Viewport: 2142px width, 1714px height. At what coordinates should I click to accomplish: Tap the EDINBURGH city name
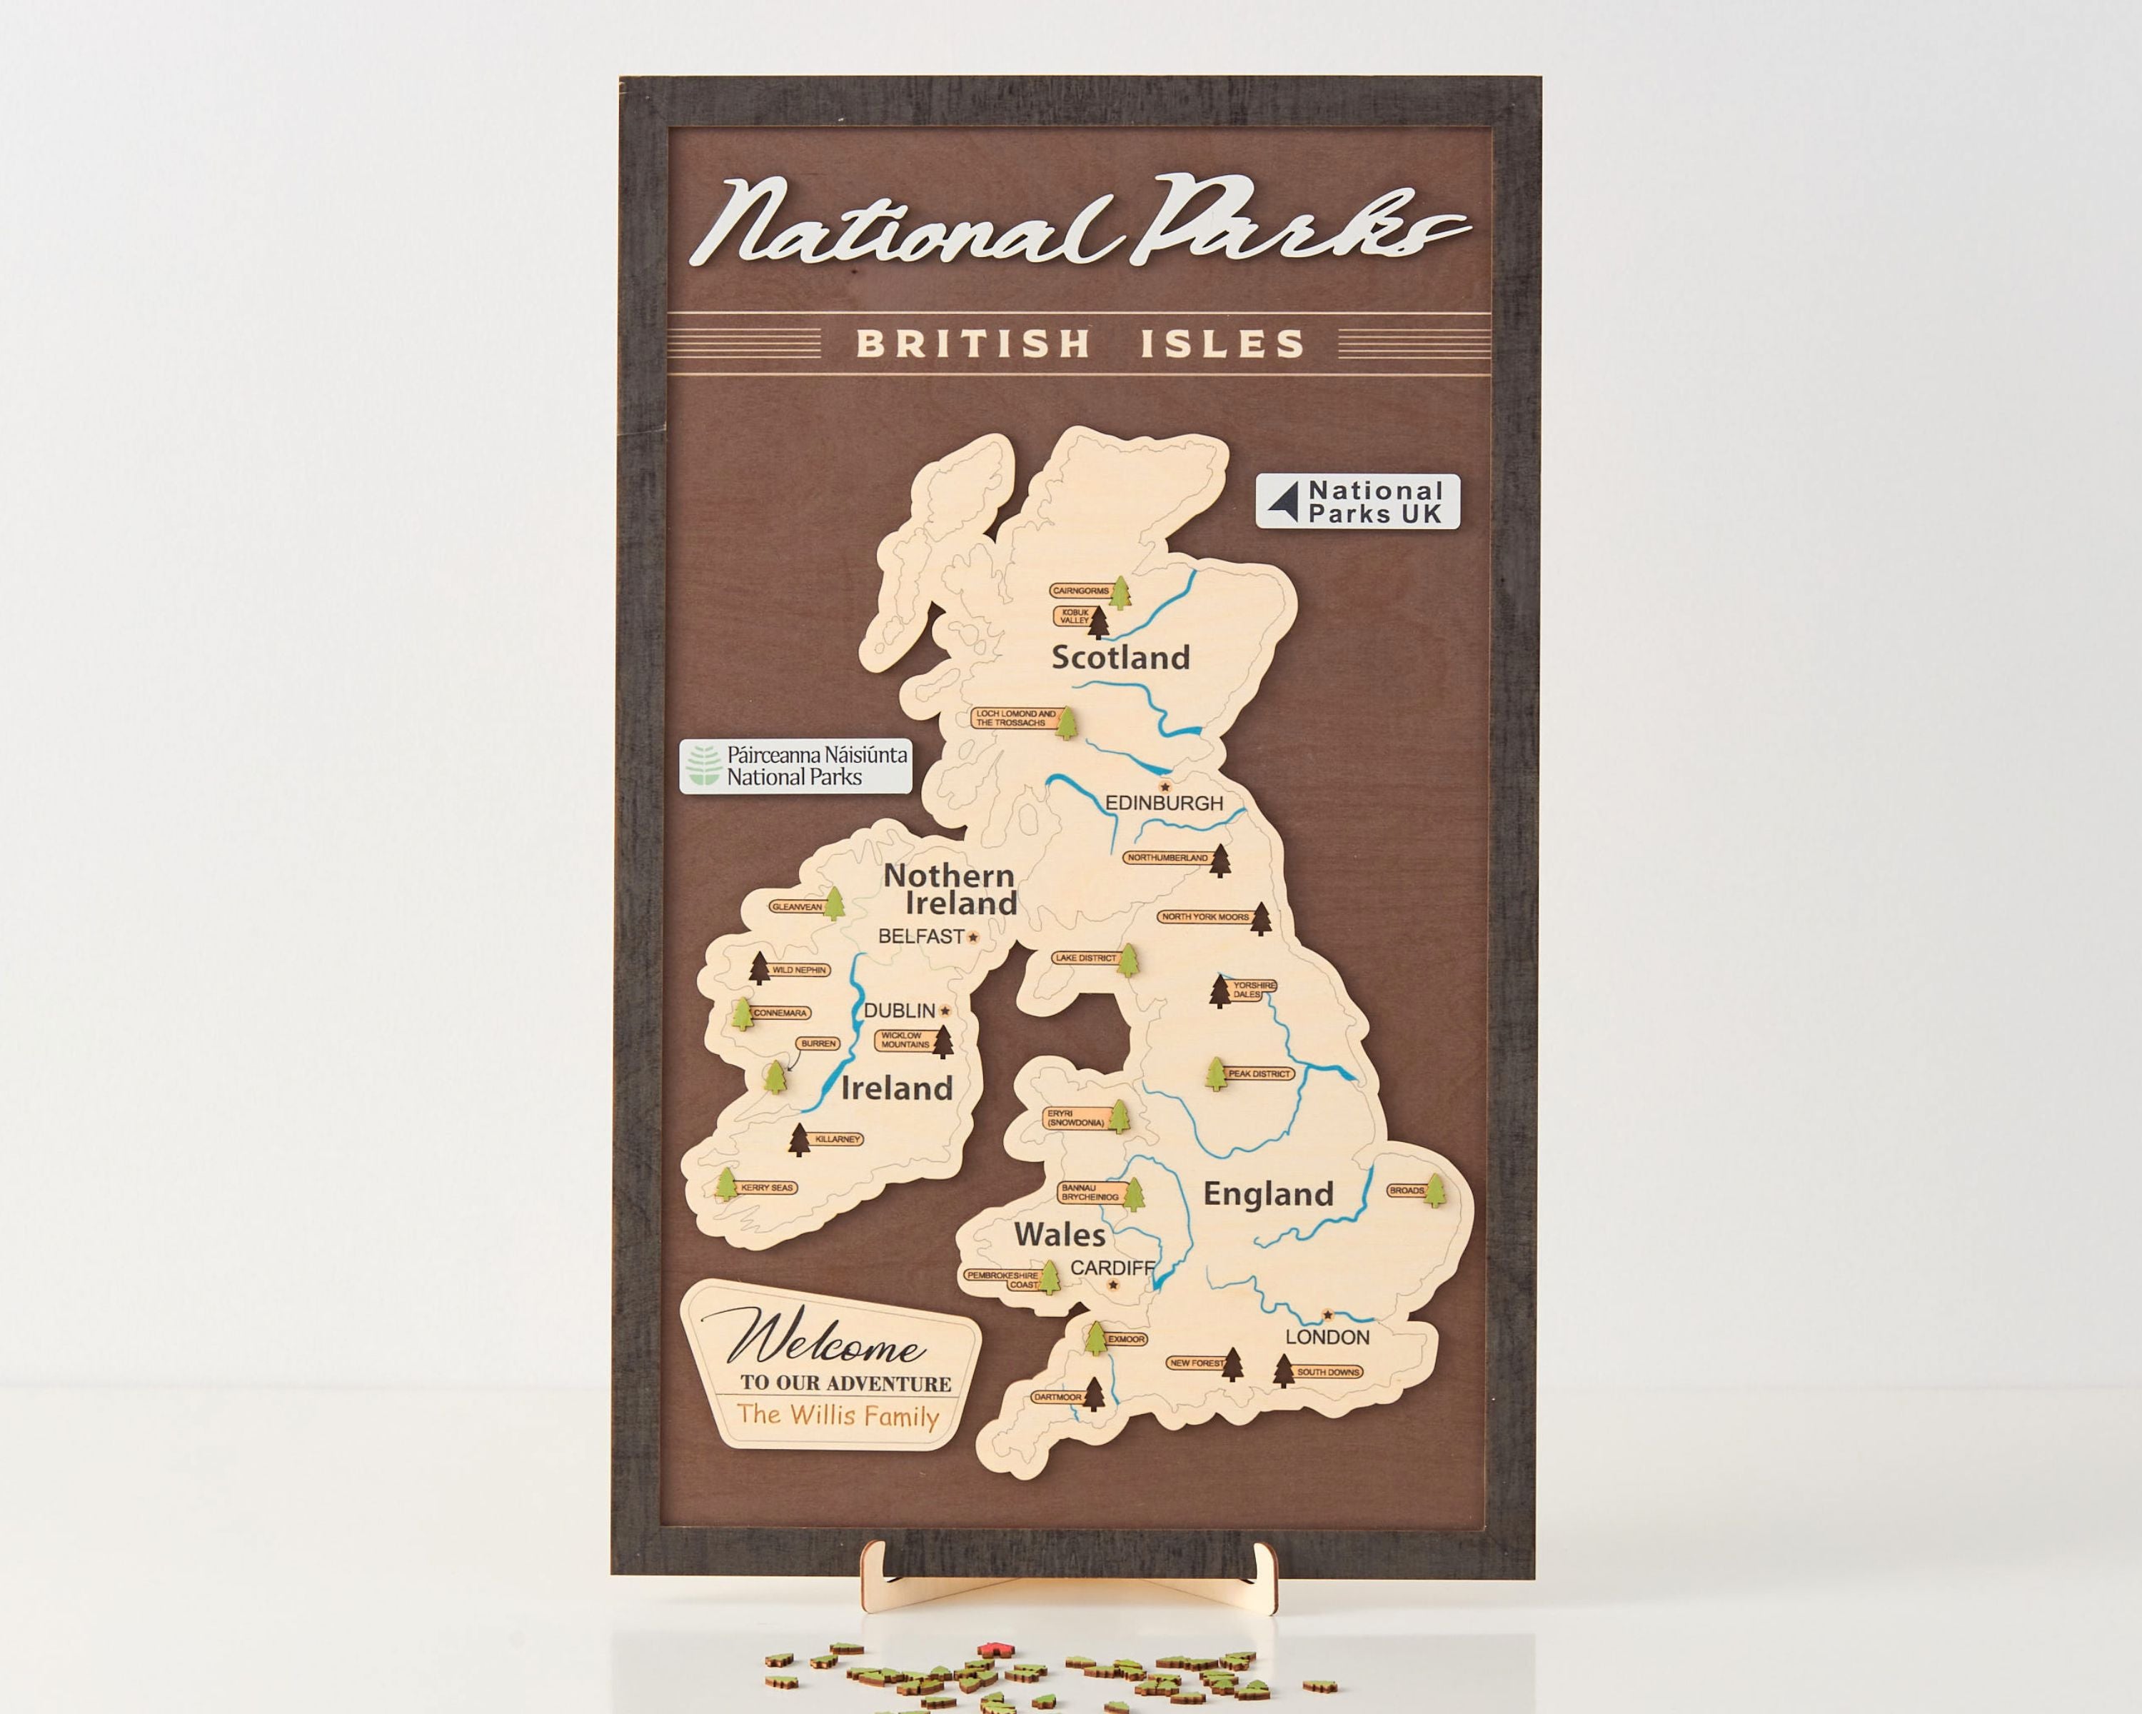click(1165, 803)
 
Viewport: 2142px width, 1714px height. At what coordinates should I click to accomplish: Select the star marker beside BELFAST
click(972, 937)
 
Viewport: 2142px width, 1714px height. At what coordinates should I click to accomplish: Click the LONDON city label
click(1327, 1338)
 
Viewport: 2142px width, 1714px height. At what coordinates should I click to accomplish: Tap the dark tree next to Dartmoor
click(1094, 1394)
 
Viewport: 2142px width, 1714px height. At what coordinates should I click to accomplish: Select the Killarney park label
click(837, 1138)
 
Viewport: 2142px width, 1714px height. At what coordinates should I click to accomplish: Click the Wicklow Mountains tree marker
click(941, 1041)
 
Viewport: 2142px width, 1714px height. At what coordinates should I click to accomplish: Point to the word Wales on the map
click(1059, 1235)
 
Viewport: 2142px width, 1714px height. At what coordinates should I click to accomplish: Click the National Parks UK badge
click(1357, 501)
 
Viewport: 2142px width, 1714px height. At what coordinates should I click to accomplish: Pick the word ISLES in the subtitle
click(1222, 344)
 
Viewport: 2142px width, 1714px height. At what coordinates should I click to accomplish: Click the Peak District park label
click(1259, 1074)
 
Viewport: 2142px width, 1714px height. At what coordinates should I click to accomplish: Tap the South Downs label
click(1327, 1372)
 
